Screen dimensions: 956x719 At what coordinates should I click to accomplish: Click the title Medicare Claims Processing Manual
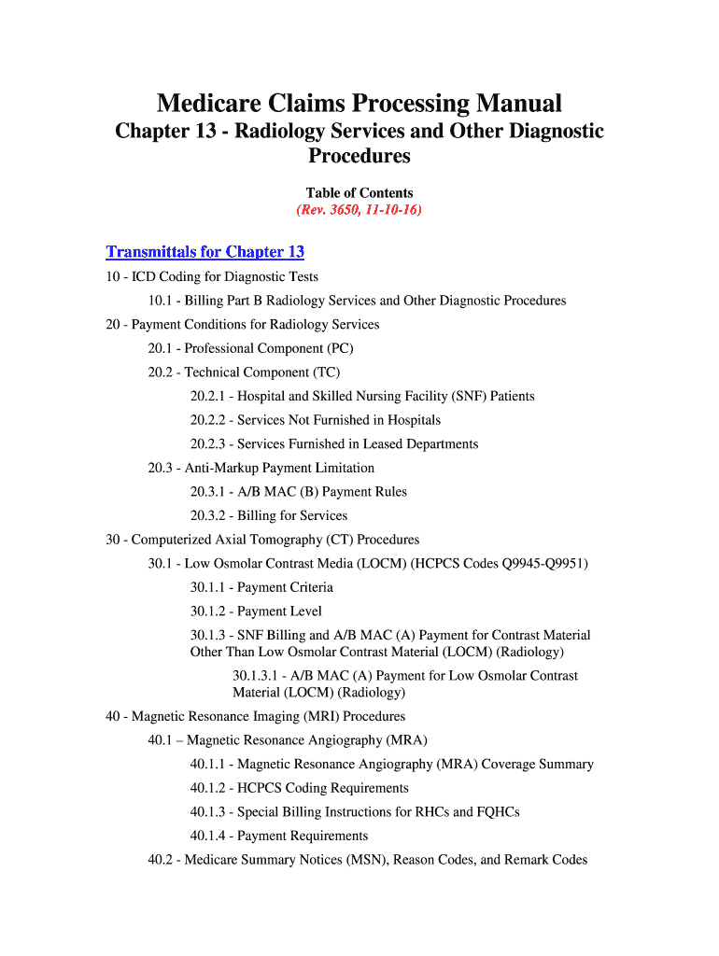(x=359, y=103)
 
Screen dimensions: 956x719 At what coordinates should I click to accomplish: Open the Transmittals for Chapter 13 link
(x=205, y=252)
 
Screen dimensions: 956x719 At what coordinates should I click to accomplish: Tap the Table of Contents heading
(x=359, y=193)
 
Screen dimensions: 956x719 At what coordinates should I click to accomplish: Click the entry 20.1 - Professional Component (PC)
(x=250, y=348)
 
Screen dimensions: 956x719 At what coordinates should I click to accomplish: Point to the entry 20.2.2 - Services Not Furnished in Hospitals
(x=316, y=420)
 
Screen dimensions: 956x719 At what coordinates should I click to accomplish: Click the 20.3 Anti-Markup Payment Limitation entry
(x=261, y=468)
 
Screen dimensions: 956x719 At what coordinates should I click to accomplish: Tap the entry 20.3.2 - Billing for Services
(x=269, y=515)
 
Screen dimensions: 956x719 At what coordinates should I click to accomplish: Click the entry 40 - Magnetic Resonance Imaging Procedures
(x=256, y=717)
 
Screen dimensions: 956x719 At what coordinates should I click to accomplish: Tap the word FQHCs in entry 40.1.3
(x=493, y=812)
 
